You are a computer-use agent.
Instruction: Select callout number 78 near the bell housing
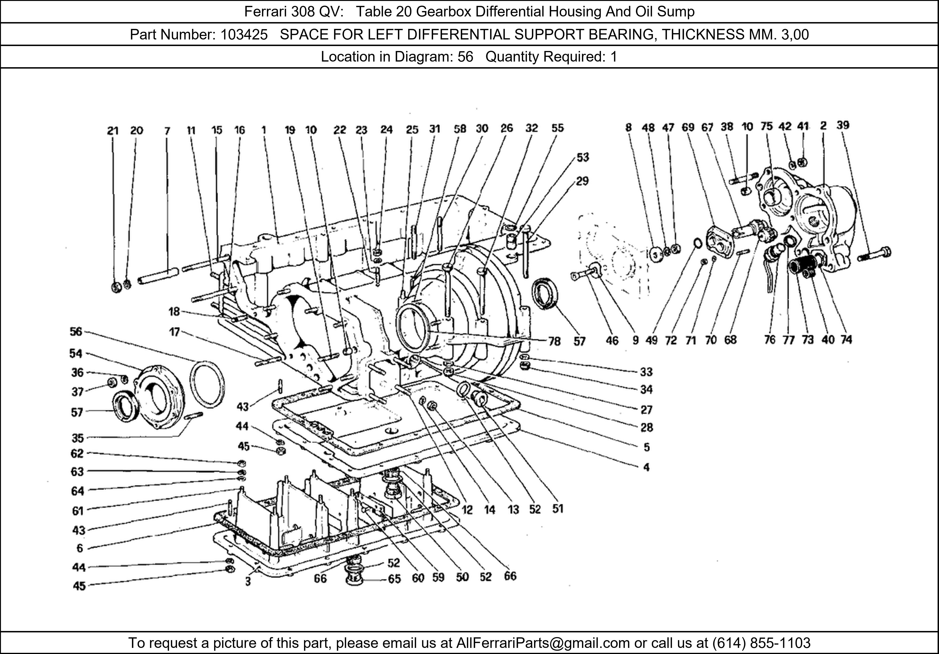554,341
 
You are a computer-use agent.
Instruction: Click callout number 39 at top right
843,125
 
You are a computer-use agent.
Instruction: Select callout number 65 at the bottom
394,579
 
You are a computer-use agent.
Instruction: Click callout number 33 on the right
646,372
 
